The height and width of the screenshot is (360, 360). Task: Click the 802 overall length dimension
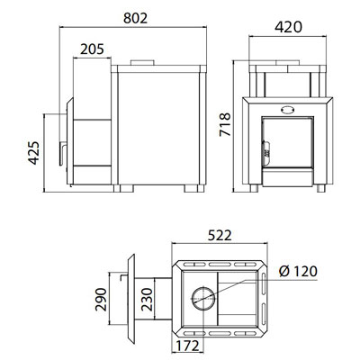136,18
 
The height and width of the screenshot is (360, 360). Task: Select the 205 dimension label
92,49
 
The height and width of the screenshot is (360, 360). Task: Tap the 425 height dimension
34,153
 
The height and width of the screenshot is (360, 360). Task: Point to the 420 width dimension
289,27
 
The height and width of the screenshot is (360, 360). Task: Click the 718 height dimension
225,124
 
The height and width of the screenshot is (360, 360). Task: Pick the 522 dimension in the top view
220,236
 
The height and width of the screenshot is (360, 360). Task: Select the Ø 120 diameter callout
298,272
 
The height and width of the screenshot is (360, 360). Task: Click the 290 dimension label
101,300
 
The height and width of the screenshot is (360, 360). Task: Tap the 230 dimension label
147,300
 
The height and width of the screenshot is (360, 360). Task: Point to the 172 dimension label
187,346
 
